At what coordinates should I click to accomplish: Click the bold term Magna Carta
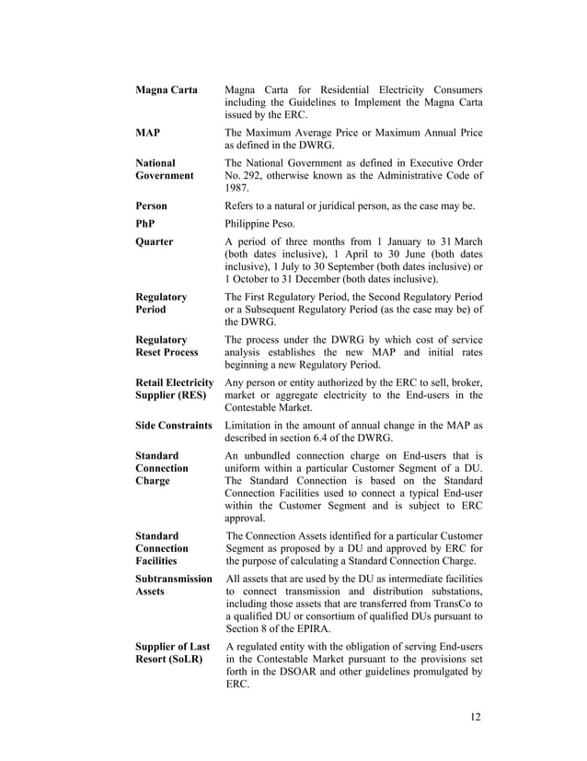(x=166, y=90)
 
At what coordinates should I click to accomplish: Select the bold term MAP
(x=148, y=134)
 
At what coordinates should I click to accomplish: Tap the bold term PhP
(x=145, y=224)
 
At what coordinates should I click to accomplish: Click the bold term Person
(x=152, y=205)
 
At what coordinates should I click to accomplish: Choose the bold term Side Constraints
(x=174, y=426)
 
